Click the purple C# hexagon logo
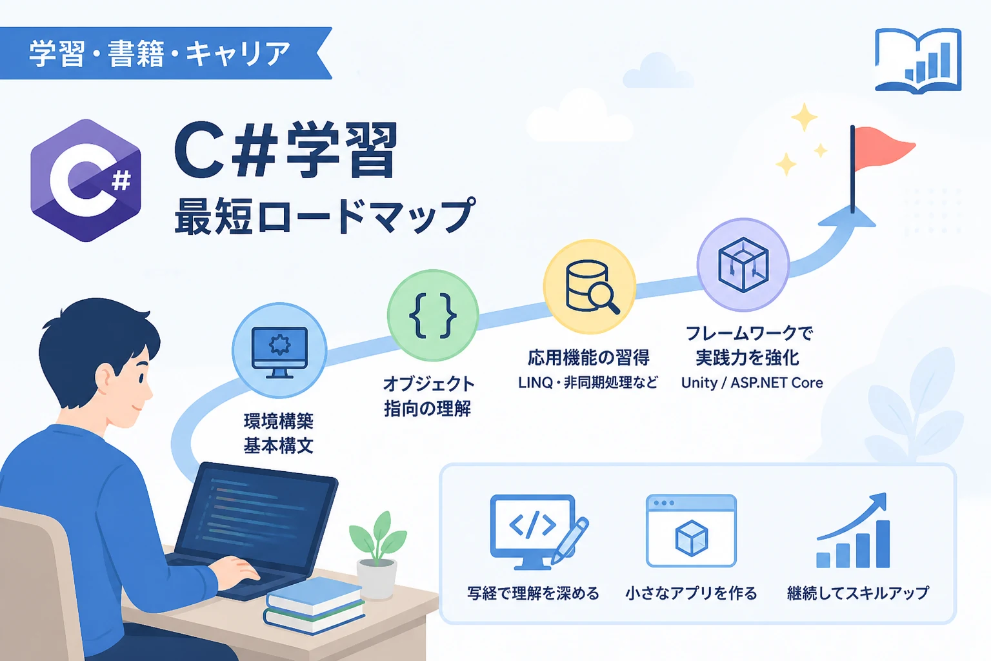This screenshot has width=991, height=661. tap(86, 180)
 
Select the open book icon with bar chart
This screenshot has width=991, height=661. tap(918, 61)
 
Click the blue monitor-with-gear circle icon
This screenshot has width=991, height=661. tap(279, 351)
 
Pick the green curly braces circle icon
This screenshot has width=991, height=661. tap(433, 316)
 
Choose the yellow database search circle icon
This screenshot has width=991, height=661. tap(589, 287)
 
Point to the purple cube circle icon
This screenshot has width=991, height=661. tap(743, 264)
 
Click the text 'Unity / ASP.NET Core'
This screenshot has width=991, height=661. tap(752, 383)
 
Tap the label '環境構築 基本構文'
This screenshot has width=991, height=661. tap(279, 433)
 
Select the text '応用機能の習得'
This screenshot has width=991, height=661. tap(589, 357)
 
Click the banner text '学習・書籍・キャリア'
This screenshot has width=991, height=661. tap(160, 54)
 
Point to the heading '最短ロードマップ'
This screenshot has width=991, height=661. tap(325, 216)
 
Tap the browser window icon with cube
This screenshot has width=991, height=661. tap(691, 531)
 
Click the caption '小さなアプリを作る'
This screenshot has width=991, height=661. tap(691, 593)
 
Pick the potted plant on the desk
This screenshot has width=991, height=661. tap(377, 554)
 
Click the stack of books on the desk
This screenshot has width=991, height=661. tap(314, 605)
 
